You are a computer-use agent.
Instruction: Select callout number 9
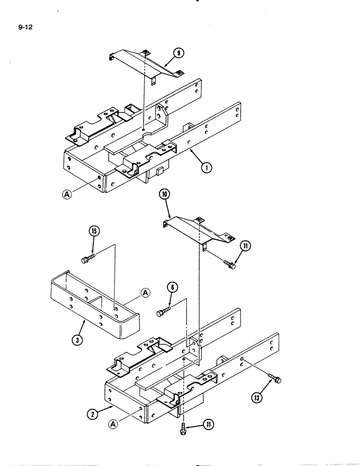[x=178, y=54]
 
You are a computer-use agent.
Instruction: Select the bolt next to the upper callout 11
[x=228, y=264]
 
